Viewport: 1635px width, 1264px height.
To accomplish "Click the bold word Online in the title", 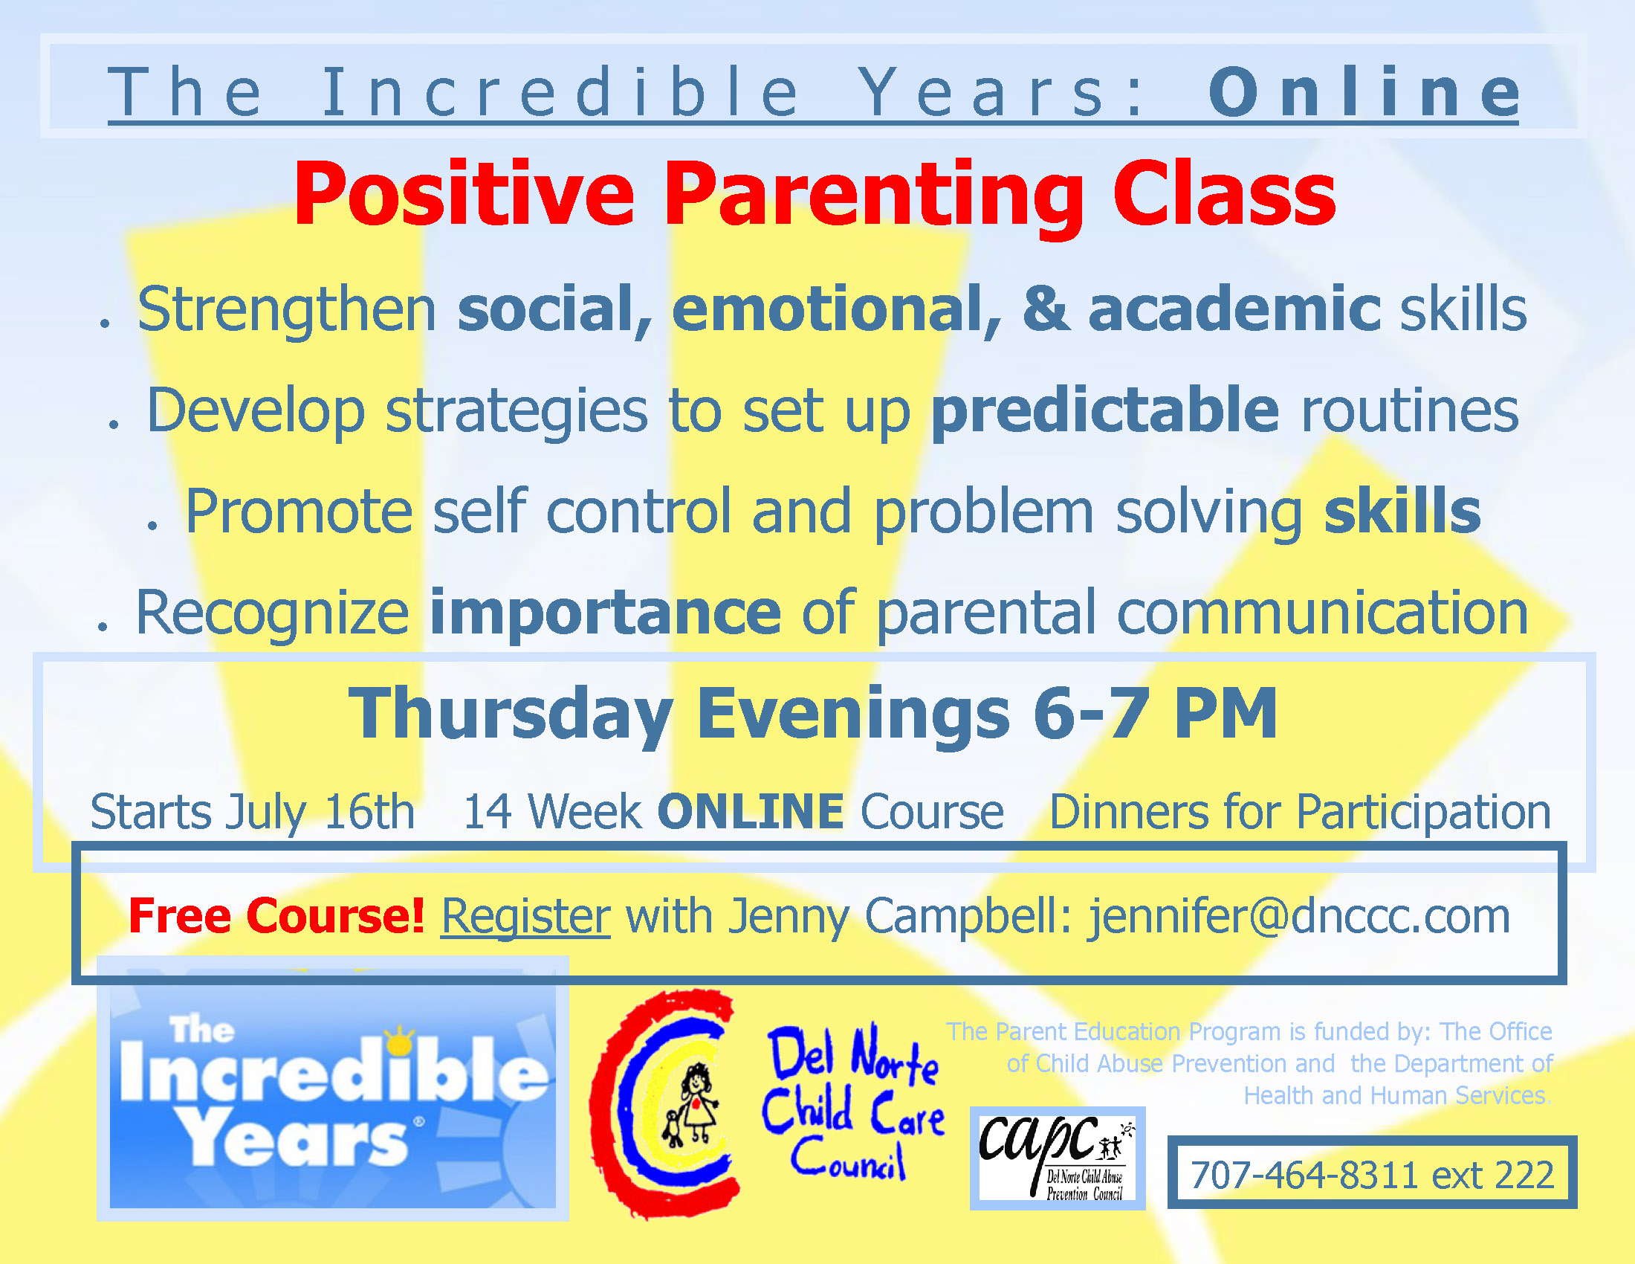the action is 1363,92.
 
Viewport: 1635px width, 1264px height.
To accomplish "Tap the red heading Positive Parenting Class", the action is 815,195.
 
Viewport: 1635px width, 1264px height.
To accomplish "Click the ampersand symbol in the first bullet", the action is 1046,309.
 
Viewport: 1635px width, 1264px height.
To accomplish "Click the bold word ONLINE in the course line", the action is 750,811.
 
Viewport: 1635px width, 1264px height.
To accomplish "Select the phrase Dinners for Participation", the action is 1300,813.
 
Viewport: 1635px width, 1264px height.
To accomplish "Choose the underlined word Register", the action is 525,917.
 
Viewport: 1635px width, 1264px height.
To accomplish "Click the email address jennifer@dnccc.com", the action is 1299,917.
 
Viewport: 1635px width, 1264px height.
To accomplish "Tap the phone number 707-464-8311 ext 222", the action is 1372,1175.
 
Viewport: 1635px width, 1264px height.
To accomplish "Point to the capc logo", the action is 1057,1158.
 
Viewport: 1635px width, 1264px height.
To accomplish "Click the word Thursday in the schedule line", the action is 511,715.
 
